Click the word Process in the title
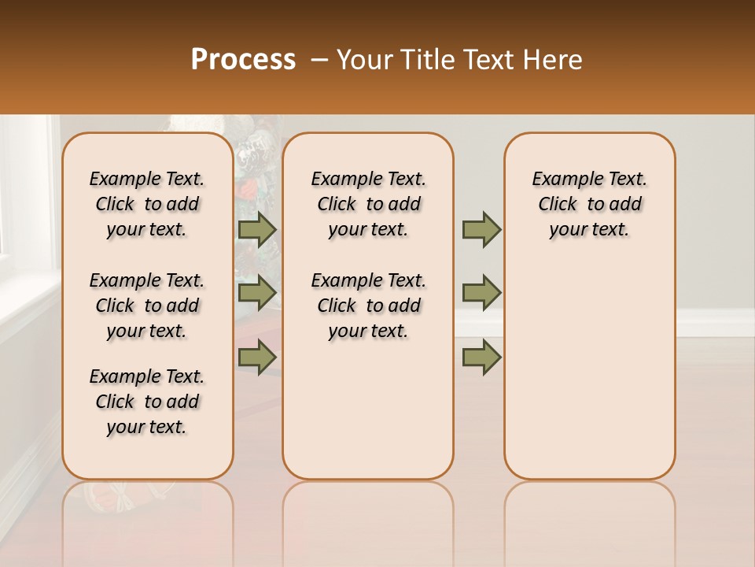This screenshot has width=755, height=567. [x=243, y=60]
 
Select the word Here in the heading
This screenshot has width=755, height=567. [x=554, y=60]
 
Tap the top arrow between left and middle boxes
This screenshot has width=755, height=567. [x=257, y=229]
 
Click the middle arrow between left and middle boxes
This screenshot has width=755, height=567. [x=257, y=293]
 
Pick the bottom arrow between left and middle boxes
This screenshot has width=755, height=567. [x=257, y=357]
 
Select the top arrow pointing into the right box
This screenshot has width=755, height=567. [x=481, y=229]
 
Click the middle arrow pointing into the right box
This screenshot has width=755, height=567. [x=481, y=293]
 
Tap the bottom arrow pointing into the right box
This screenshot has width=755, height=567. [x=481, y=357]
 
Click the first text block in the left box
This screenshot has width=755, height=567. [x=147, y=204]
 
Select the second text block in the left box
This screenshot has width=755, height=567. [x=147, y=306]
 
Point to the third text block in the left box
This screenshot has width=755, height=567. [x=147, y=402]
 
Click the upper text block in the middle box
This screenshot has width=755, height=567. [x=369, y=204]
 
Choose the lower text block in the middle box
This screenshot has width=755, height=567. [x=369, y=306]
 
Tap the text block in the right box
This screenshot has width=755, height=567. [x=590, y=204]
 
